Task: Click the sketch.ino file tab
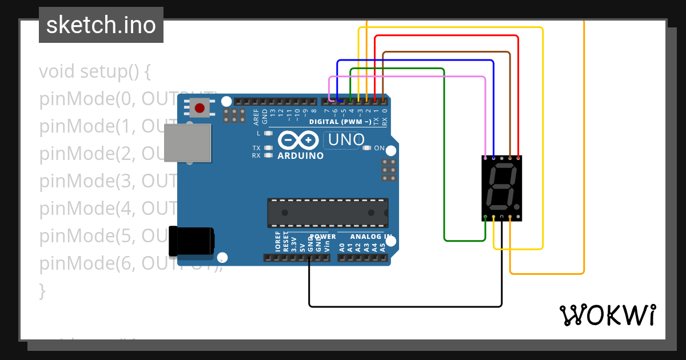[x=101, y=25]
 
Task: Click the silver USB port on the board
[x=187, y=142]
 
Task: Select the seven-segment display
[x=501, y=188]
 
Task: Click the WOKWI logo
[x=607, y=315]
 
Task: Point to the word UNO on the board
[x=346, y=140]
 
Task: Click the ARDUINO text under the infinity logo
[x=300, y=155]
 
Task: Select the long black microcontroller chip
[x=328, y=213]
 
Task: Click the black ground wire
[x=400, y=306]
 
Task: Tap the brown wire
[x=446, y=52]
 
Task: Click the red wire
[x=446, y=35]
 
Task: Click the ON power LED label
[x=379, y=149]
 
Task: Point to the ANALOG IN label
[x=370, y=237]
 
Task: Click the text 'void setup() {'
[x=94, y=72]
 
